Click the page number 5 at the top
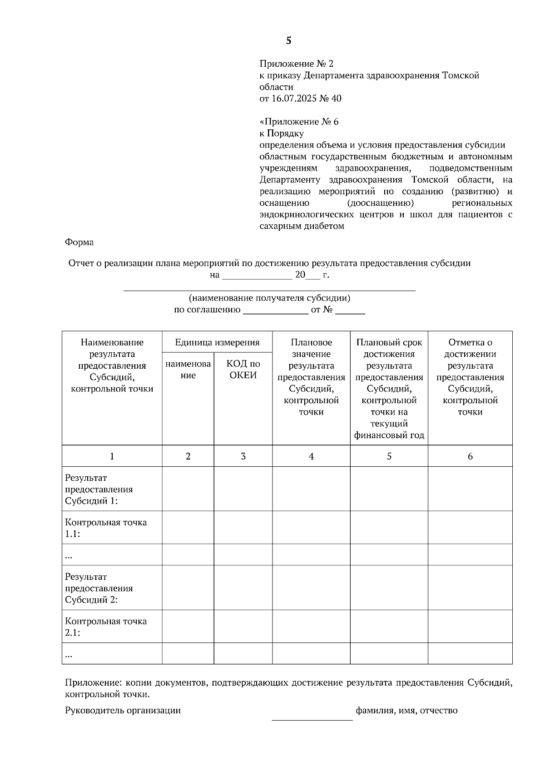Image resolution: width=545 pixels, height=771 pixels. (288, 41)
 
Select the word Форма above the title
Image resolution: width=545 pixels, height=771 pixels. (79, 242)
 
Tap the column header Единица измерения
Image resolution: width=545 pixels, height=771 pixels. (217, 342)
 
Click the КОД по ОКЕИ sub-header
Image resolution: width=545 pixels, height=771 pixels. (243, 369)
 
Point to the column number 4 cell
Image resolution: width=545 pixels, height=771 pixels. (311, 456)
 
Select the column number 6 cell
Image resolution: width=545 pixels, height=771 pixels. (470, 456)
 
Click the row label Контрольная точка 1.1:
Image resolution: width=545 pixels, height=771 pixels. (106, 528)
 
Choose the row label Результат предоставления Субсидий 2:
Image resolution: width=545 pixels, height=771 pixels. (99, 588)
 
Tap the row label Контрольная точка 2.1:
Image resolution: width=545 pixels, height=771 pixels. (106, 627)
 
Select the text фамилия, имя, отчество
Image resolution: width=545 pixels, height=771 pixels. (406, 711)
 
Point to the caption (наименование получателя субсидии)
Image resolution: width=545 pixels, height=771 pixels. (270, 298)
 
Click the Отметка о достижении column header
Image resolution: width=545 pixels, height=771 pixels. (470, 377)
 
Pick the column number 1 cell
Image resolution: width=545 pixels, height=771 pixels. (112, 456)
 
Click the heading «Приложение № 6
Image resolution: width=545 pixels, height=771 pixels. (299, 122)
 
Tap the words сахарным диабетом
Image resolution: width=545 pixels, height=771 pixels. (302, 226)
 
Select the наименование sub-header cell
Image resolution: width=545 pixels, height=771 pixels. (188, 369)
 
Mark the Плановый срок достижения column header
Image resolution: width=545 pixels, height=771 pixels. (389, 389)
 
